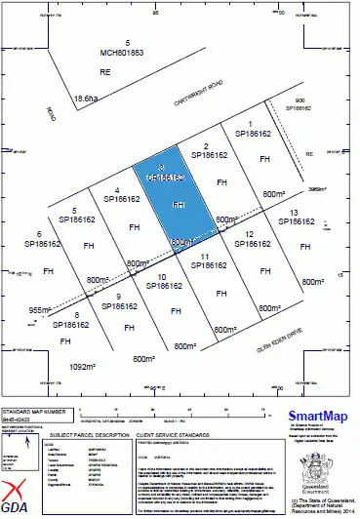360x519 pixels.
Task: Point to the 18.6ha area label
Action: tap(87, 98)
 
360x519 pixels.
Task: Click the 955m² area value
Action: tap(38, 309)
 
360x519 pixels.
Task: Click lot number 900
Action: tap(300, 101)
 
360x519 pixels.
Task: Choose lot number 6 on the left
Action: tap(39, 235)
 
